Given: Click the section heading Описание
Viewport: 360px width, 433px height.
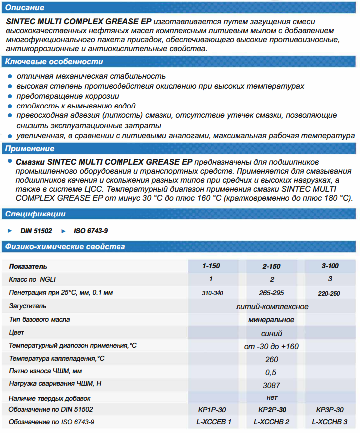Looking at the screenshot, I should [24, 8].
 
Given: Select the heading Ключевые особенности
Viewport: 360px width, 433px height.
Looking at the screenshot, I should [54, 62].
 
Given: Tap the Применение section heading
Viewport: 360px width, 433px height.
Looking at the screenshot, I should [30, 149].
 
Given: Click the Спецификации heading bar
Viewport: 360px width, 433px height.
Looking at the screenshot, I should [35, 214].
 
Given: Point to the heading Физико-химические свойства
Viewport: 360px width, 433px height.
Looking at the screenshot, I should [65, 247].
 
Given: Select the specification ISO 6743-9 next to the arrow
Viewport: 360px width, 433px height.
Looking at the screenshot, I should [91, 231].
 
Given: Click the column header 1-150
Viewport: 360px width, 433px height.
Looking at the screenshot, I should [211, 266].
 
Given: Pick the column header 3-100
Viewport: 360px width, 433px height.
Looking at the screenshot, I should [330, 266].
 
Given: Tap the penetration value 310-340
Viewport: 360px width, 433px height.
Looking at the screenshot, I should [211, 293].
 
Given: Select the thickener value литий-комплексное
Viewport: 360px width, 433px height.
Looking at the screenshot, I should [272, 306].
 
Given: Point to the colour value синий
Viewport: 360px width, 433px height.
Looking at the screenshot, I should [272, 333].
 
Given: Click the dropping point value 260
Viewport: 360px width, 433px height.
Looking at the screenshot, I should [272, 359].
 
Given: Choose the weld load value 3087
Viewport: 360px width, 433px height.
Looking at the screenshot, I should [272, 385].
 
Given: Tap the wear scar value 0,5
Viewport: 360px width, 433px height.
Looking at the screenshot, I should [272, 372].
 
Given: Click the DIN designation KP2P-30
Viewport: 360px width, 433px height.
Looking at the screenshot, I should [271, 410].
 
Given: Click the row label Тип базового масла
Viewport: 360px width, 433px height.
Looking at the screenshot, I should [39, 319].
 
